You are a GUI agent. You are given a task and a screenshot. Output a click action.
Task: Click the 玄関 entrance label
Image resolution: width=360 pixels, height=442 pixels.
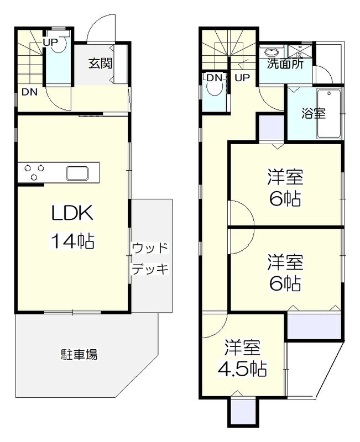pyautogui.click(x=100, y=63)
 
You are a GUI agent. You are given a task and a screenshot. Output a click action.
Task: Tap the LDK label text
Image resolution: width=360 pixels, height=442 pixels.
pyautogui.click(x=71, y=213)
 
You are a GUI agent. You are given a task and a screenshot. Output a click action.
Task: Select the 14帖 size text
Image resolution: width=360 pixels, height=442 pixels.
pyautogui.click(x=71, y=241)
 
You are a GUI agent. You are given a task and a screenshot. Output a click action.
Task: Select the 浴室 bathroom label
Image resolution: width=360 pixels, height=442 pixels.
pyautogui.click(x=313, y=114)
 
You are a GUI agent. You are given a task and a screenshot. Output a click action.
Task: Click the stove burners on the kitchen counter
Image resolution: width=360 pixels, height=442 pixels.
pyautogui.click(x=33, y=172)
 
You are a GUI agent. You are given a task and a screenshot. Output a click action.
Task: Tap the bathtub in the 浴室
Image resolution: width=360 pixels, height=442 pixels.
pyautogui.click(x=330, y=114)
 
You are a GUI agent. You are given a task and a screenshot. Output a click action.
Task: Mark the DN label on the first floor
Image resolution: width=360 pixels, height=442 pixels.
pyautogui.click(x=29, y=92)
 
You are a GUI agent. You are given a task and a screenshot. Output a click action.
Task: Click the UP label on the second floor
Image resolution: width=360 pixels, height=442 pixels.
pyautogui.click(x=242, y=78)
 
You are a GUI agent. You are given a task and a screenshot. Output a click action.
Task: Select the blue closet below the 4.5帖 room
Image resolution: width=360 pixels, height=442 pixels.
pyautogui.click(x=242, y=412)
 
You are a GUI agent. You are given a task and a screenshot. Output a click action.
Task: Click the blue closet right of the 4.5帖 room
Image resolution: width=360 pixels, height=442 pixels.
pyautogui.click(x=314, y=327)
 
